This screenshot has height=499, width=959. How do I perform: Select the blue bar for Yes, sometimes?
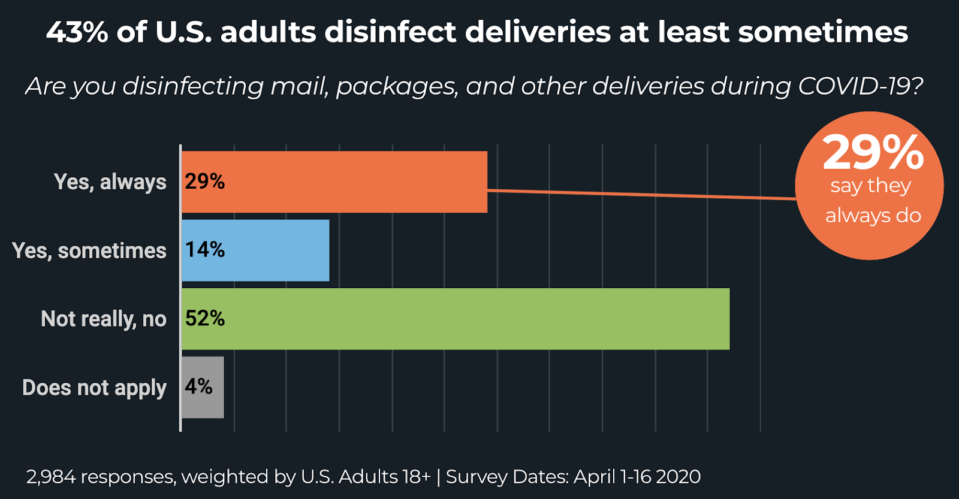point(276,250)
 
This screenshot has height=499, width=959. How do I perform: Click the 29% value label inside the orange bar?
point(205,182)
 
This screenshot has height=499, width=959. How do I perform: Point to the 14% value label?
point(205,250)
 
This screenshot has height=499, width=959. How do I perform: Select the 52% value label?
point(205,319)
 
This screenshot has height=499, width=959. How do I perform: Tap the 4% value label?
point(198,387)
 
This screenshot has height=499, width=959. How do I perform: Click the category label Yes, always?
point(110,182)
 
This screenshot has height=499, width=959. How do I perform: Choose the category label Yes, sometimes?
point(89,251)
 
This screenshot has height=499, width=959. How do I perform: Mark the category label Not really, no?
point(104,319)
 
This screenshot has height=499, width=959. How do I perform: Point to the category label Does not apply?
point(94,388)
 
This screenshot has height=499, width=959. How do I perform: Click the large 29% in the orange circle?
point(873,153)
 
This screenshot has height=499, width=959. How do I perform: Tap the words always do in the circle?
point(873,216)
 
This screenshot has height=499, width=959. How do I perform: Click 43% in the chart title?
point(77,32)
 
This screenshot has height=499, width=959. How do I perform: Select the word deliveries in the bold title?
point(538,32)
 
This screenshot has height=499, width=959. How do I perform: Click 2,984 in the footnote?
point(50,477)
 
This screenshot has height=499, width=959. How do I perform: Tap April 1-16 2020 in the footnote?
point(637,477)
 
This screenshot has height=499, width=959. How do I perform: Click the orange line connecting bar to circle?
point(641,194)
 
